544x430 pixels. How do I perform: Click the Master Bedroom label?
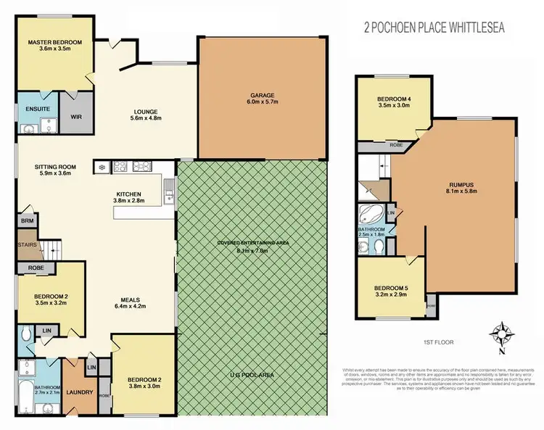tap(55, 43)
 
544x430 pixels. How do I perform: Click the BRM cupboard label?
tap(26, 220)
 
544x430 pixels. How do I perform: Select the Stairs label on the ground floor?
tap(28, 245)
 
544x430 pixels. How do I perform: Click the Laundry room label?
tap(78, 393)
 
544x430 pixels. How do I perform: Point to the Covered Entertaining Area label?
tap(252, 242)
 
